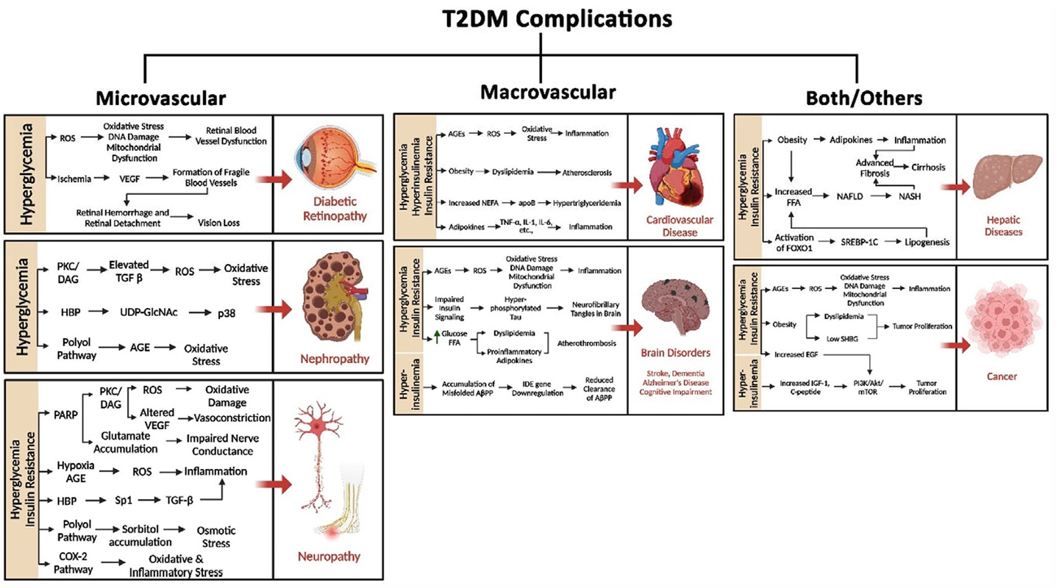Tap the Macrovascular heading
pos(547,92)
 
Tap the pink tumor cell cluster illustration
pos(1005,321)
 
